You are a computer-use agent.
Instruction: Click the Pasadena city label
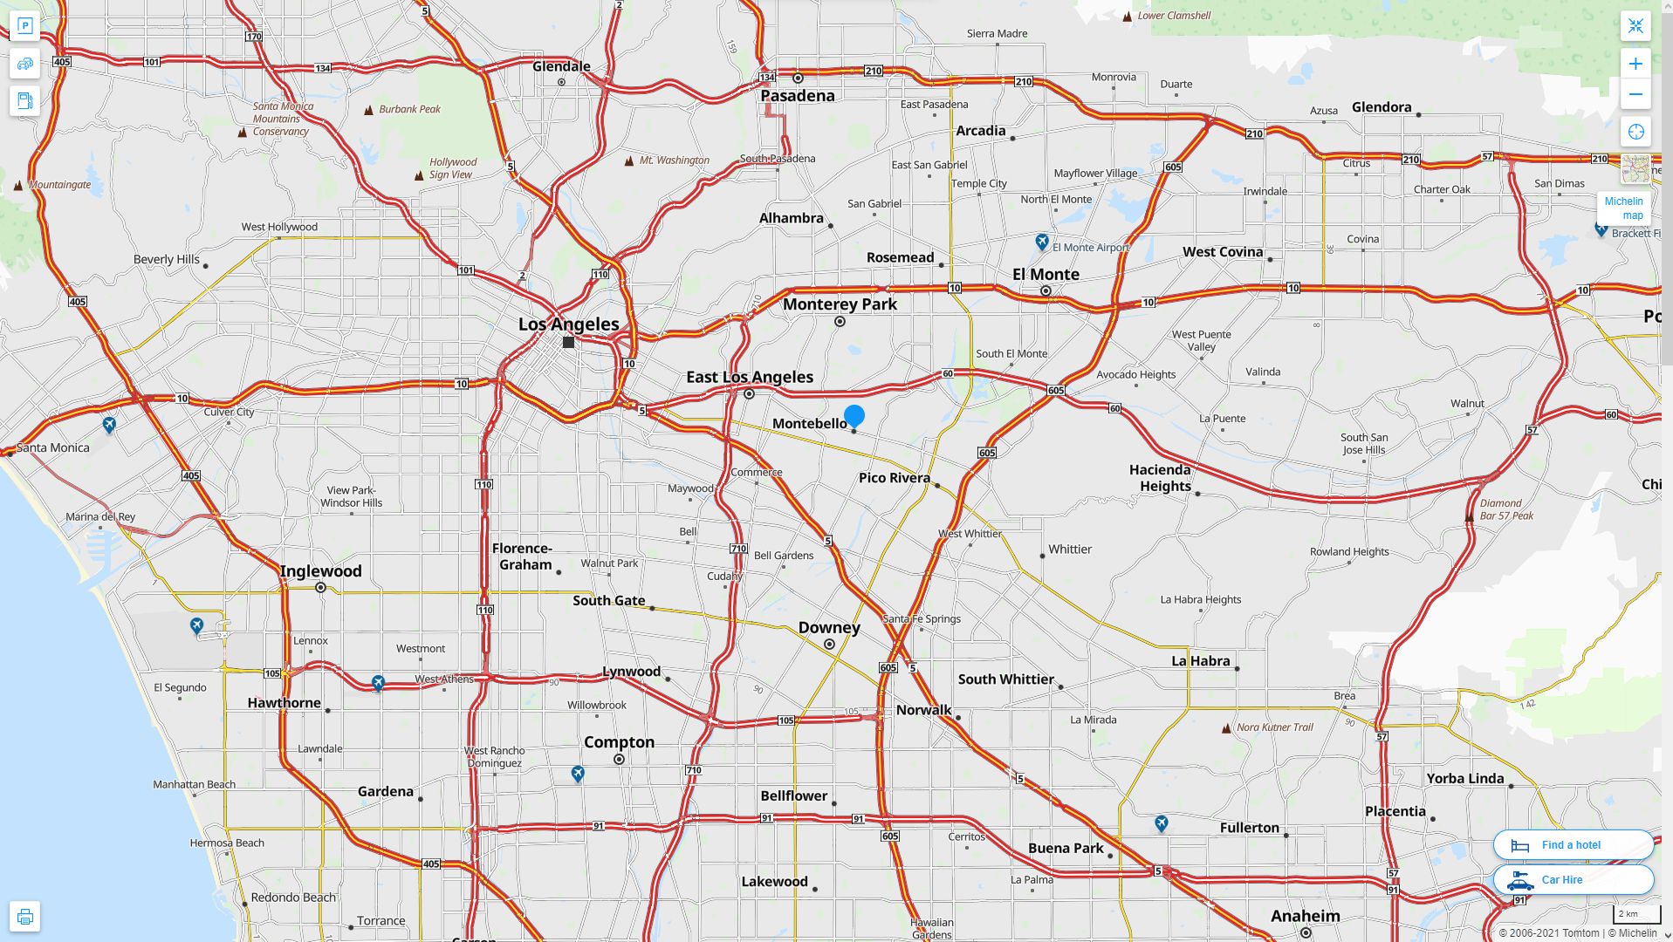click(797, 96)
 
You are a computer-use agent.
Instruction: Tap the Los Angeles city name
click(568, 324)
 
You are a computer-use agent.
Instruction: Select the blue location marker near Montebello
click(854, 416)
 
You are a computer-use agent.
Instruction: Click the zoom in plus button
click(1635, 64)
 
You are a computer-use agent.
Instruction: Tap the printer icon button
click(24, 917)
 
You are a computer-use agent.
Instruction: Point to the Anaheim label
click(1305, 916)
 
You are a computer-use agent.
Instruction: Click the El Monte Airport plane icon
click(1041, 241)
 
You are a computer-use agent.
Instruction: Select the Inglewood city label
click(320, 572)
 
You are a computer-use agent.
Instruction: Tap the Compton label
click(619, 742)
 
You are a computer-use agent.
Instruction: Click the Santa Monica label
click(52, 447)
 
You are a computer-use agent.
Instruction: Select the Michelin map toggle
click(1623, 208)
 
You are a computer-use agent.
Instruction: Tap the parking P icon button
click(24, 26)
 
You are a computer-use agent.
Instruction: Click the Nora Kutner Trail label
click(1274, 727)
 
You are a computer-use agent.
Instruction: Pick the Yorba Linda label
click(1464, 779)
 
